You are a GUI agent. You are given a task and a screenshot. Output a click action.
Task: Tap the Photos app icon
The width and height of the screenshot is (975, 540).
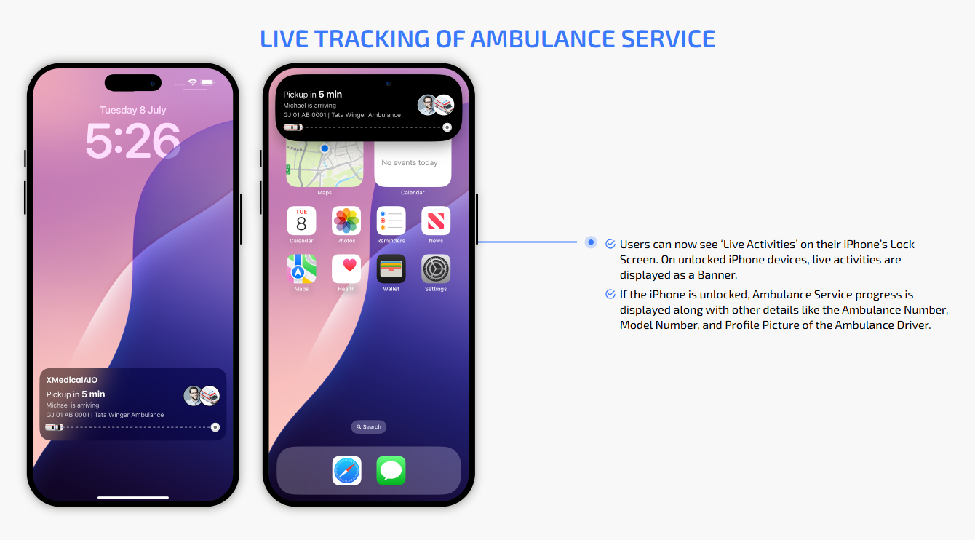coord(346,221)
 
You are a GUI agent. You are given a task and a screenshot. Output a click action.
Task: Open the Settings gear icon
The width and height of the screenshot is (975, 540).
coord(436,269)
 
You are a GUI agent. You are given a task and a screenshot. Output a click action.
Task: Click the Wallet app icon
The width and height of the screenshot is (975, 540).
coord(391,269)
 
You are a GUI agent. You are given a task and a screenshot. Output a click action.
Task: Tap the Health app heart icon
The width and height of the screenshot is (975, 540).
coord(346,269)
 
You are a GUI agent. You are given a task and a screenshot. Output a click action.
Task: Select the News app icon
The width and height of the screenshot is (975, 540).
coord(436,221)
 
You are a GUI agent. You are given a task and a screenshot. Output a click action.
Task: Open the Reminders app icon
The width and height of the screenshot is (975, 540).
coord(391,221)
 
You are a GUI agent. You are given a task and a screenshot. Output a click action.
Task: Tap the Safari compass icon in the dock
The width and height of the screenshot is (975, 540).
coord(346,470)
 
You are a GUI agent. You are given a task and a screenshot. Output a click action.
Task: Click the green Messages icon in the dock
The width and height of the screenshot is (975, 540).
coord(391,470)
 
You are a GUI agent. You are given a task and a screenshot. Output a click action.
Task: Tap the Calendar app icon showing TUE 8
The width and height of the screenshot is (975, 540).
coord(301,221)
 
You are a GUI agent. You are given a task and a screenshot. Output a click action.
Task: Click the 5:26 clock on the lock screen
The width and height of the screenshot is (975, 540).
coord(132,140)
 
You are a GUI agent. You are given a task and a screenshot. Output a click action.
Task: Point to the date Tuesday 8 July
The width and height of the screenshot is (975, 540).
coord(132,110)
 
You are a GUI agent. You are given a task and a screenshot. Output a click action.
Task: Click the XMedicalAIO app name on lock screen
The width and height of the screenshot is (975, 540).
coord(72,380)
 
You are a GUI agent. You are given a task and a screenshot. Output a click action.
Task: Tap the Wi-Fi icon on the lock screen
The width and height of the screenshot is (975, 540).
coord(192,82)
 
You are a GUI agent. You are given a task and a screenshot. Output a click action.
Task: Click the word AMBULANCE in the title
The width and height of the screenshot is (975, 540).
coord(543,39)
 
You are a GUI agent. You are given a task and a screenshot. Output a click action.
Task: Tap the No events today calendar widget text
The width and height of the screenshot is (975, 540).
coord(409,162)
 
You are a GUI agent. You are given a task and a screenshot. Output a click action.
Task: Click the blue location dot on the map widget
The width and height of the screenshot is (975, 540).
coord(325,148)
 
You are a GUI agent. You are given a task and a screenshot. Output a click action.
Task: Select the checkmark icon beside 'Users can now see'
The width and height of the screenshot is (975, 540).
coord(610,244)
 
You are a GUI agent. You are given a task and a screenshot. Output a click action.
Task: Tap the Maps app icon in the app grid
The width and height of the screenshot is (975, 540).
coord(301,269)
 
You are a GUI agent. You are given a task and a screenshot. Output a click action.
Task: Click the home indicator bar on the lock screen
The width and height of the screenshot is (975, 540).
coord(132,497)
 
